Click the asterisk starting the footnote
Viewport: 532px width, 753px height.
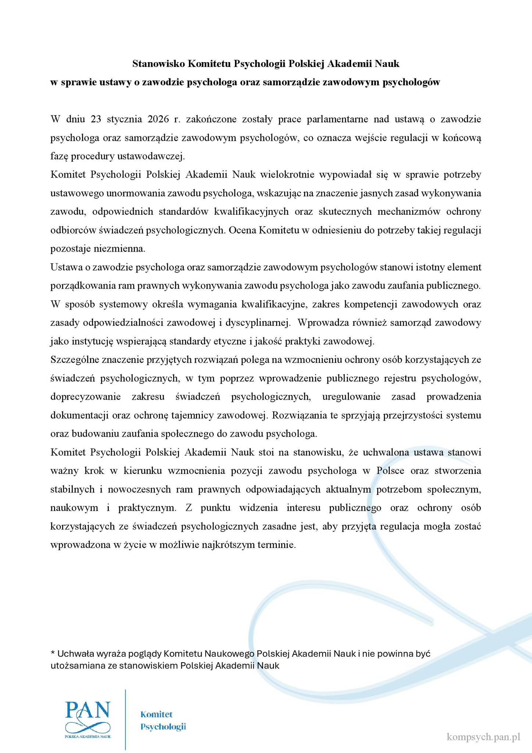[53, 653]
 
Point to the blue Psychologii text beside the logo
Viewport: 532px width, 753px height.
[163, 727]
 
